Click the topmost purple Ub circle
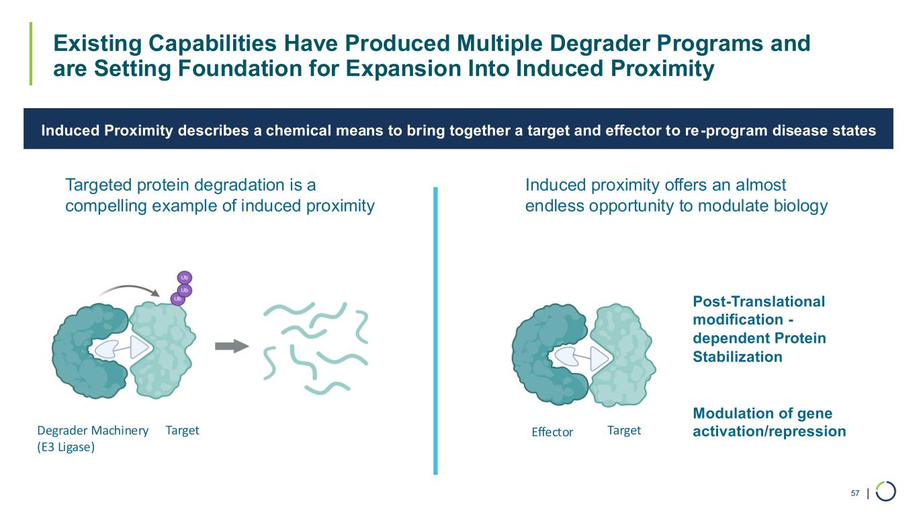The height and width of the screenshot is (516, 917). [185, 277]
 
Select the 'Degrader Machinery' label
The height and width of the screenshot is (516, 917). [93, 431]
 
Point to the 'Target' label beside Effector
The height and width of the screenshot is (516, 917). [623, 430]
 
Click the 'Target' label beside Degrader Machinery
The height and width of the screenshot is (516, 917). [182, 430]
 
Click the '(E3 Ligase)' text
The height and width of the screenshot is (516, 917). [66, 448]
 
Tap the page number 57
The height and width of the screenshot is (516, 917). [855, 494]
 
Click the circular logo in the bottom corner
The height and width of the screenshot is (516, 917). [885, 492]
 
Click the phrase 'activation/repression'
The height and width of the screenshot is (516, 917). [769, 431]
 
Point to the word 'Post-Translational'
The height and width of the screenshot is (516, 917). [758, 302]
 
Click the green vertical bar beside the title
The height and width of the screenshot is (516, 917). [31, 54]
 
